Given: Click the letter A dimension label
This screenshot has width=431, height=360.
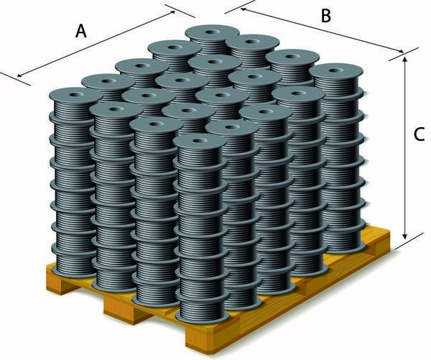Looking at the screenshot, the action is (81, 31).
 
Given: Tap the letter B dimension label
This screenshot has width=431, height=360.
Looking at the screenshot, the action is (325, 16).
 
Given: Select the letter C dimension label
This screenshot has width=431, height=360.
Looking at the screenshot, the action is (419, 135).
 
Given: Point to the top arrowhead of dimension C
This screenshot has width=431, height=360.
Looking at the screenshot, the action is (404, 59).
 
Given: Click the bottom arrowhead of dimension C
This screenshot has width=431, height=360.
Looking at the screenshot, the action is (404, 236).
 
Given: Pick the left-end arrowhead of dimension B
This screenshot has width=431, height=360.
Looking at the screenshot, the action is (244, 10).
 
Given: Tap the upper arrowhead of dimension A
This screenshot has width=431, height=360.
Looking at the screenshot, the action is (172, 12).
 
